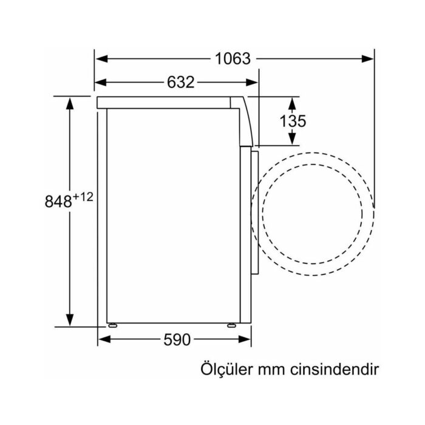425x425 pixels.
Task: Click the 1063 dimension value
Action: click(x=233, y=59)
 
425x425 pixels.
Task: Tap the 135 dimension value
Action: click(x=293, y=121)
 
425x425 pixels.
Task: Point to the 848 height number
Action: click(x=58, y=201)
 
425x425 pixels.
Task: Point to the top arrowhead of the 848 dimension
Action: click(x=70, y=102)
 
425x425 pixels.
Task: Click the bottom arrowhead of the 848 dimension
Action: click(x=70, y=321)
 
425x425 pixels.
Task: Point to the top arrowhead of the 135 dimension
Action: click(x=293, y=101)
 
